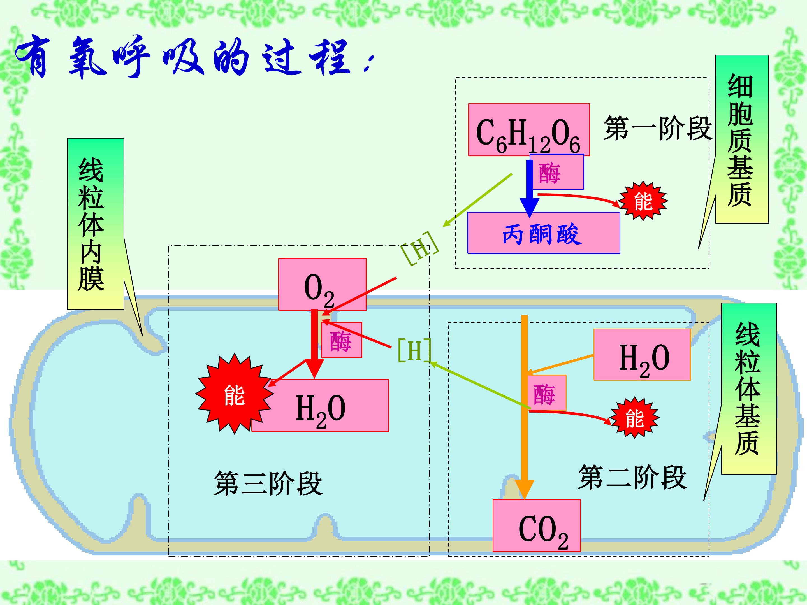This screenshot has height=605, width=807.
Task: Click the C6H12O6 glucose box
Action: click(x=529, y=130)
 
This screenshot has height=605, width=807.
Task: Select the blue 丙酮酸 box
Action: click(x=544, y=233)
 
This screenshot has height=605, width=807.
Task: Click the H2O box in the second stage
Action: click(x=642, y=355)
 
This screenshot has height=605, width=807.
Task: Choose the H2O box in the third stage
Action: click(x=320, y=406)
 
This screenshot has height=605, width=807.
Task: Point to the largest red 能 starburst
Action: click(x=234, y=394)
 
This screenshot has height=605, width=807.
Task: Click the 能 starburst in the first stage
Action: click(x=643, y=201)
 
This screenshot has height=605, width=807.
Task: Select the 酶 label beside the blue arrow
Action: click(x=557, y=172)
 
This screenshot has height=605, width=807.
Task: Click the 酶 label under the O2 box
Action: click(x=342, y=340)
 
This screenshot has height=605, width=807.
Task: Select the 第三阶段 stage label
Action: click(x=268, y=483)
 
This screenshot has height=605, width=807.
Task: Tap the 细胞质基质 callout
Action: click(x=742, y=139)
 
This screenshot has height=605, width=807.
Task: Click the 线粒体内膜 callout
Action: click(x=96, y=224)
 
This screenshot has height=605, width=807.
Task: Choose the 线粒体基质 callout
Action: click(x=749, y=388)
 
